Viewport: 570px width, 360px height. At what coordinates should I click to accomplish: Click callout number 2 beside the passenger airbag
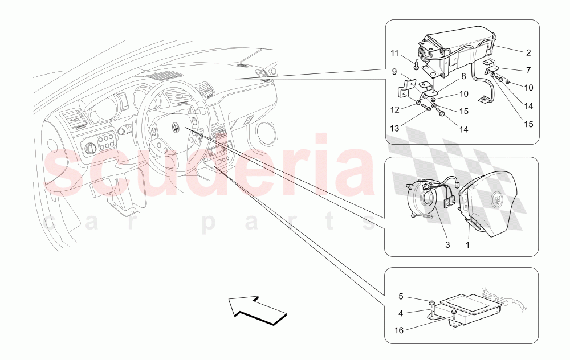coord(528,53)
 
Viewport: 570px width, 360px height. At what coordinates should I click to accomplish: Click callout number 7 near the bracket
coord(528,70)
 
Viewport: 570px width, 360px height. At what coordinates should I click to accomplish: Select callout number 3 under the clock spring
coord(447,245)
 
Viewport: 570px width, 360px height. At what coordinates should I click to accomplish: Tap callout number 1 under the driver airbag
coord(468,245)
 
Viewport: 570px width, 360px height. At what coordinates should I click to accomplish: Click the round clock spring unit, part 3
coord(425,200)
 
